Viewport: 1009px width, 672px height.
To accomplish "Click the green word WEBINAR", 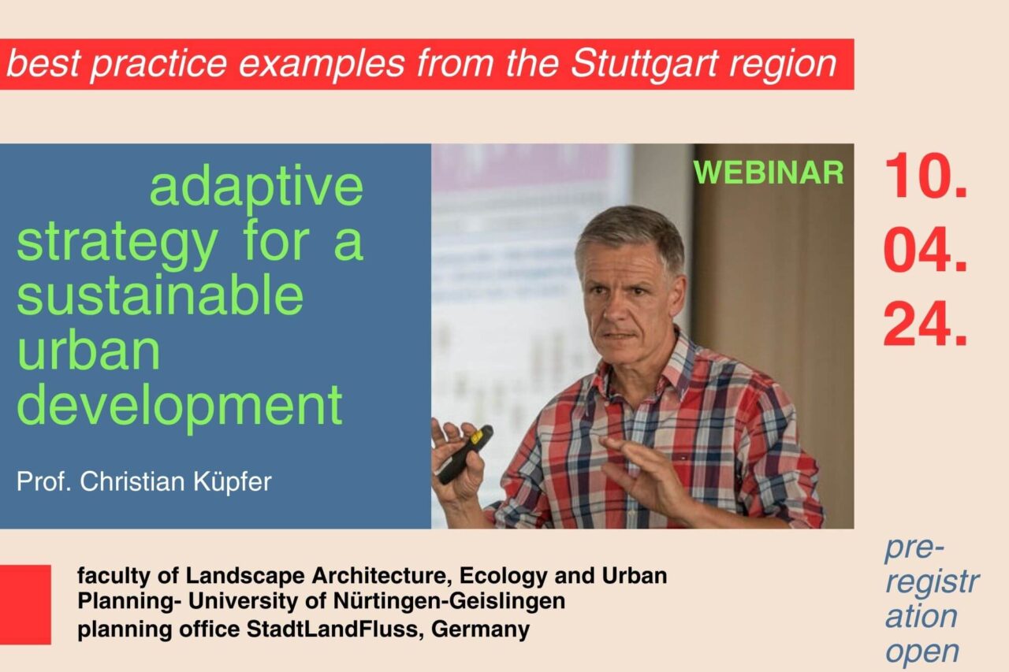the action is [769, 173].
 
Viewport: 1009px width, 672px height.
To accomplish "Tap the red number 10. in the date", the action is [925, 176].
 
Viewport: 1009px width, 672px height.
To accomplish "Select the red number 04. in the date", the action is [925, 250].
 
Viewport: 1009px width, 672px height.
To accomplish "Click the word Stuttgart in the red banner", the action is [644, 64].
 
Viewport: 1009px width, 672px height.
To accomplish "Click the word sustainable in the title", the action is [160, 295].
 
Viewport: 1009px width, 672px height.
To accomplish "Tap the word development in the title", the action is [180, 406].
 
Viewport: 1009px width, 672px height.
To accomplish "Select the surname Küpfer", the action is [233, 481].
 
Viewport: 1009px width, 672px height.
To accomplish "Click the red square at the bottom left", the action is [25, 604].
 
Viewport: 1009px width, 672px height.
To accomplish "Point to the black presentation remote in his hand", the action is [465, 454].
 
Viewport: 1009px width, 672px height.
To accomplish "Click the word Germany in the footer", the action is [480, 629].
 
